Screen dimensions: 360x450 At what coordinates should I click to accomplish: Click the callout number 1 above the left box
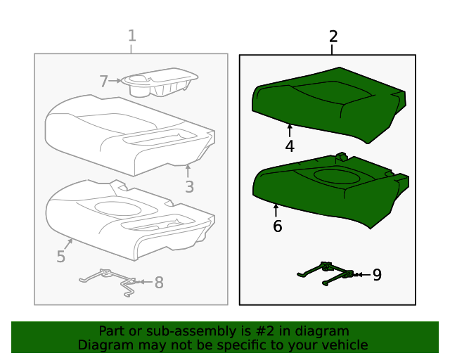tap(131, 36)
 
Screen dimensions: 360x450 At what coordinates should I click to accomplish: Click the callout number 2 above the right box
tap(333, 37)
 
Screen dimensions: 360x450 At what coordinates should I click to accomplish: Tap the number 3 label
tap(189, 186)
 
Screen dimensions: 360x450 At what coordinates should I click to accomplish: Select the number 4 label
tap(290, 146)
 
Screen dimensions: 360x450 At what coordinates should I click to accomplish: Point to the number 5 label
tap(61, 257)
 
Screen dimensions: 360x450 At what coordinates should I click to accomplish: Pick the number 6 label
tap(277, 226)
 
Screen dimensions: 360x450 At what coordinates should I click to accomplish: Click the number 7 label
tap(103, 82)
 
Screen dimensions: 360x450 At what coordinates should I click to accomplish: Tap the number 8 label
tap(159, 283)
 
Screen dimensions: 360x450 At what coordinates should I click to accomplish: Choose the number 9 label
tap(377, 275)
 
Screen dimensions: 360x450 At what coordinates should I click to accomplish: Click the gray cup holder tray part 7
tap(158, 83)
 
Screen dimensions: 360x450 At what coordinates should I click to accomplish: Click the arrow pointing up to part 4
tap(290, 130)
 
